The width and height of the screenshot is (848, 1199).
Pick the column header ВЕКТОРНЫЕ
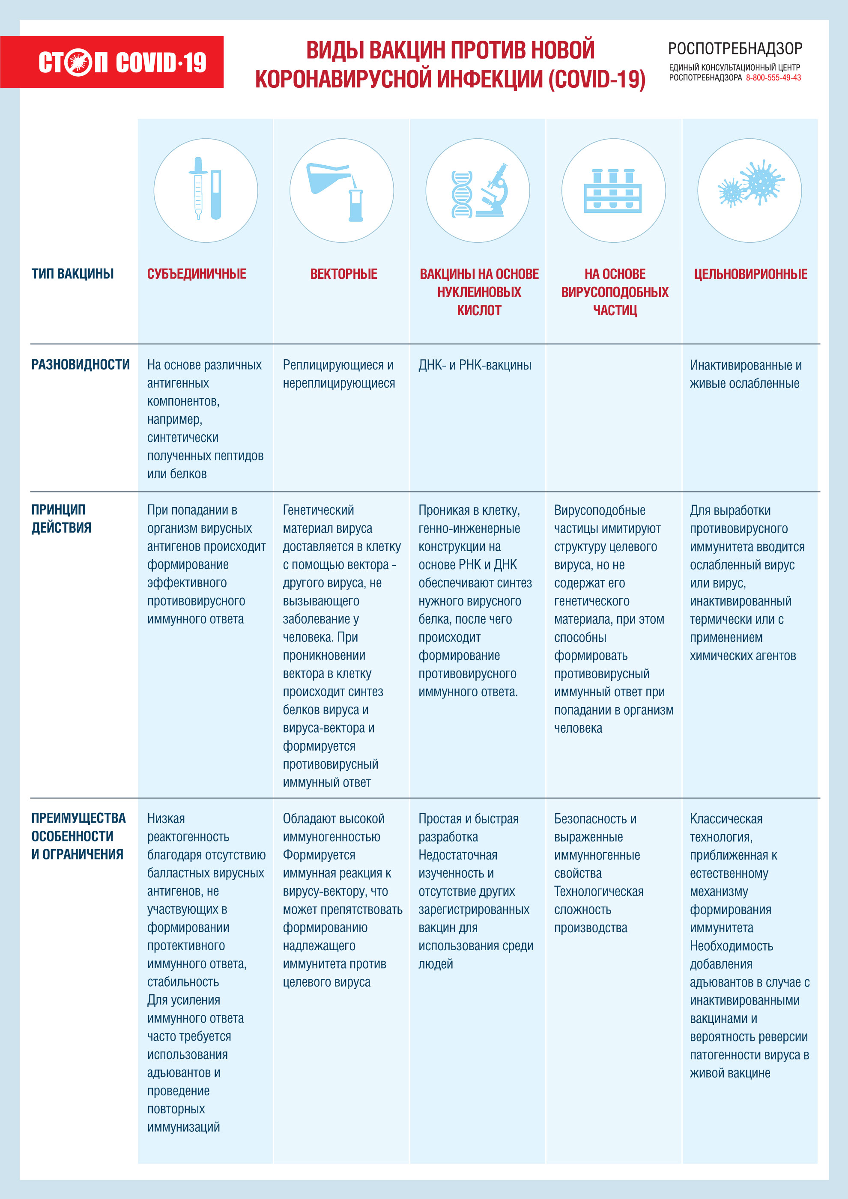coord(343,274)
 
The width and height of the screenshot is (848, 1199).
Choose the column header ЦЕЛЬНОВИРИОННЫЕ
coord(750,274)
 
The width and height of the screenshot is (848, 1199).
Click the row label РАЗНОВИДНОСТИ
coord(81,364)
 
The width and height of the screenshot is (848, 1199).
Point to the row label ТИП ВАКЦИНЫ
coord(72,274)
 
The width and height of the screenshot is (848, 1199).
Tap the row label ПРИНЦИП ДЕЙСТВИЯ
coord(61,519)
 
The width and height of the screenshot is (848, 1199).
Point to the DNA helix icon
coord(462,194)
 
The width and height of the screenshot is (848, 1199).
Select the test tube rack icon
coord(613,191)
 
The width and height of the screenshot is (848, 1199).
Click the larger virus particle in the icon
coord(762,181)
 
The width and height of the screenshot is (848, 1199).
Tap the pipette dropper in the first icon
coord(198,188)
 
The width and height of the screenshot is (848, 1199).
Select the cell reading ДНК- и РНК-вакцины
coord(475,365)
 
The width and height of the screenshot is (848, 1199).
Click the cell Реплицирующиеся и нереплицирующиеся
coord(338,374)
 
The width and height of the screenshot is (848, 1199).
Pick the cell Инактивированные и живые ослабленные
coord(745,374)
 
